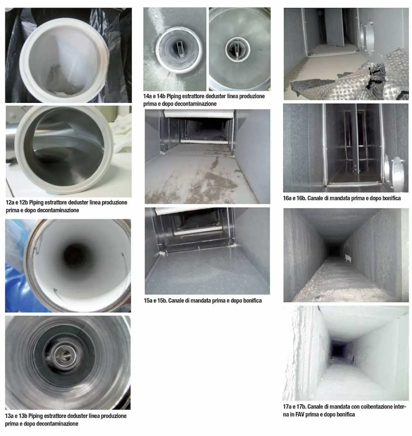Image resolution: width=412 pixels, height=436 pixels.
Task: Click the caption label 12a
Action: click(10, 202)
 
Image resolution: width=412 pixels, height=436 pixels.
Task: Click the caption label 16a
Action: click(287, 198)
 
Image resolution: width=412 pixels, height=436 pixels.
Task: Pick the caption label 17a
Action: click(287, 406)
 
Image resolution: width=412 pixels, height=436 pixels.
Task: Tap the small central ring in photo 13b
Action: click(65, 355)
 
